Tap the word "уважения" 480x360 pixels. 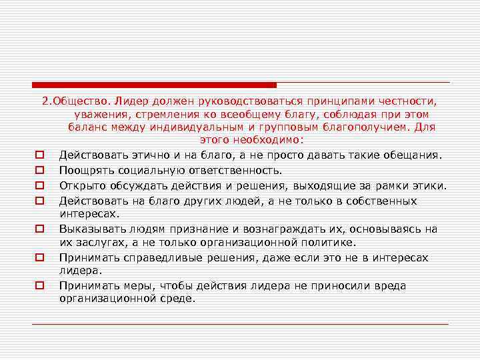click(x=91, y=113)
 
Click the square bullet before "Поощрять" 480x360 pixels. click(x=40, y=170)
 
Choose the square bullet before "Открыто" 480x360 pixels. click(x=40, y=185)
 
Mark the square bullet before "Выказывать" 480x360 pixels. click(x=40, y=229)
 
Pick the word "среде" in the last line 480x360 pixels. click(x=176, y=299)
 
